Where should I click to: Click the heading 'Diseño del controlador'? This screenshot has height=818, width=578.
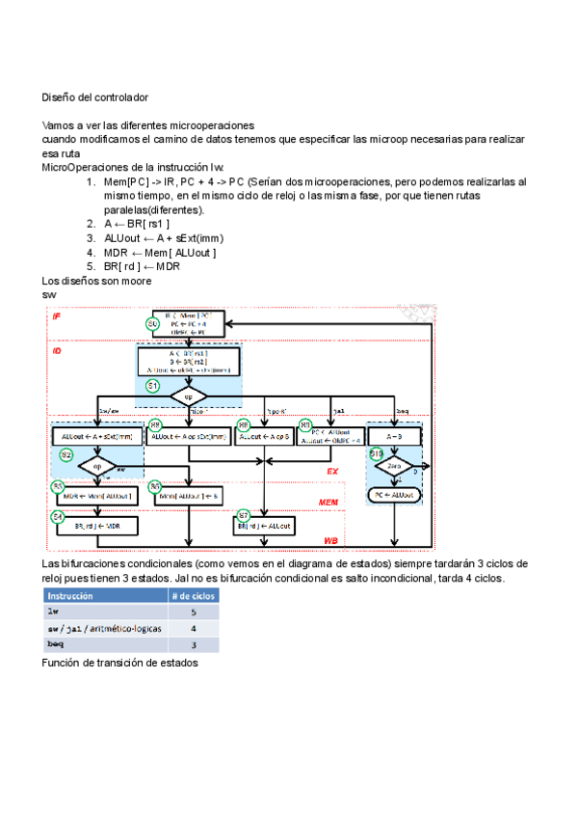pyautogui.click(x=94, y=97)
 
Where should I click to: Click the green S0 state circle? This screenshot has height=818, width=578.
pyautogui.click(x=152, y=324)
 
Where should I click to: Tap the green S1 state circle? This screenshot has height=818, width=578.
pyautogui.click(x=152, y=386)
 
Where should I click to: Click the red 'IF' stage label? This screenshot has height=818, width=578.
pyautogui.click(x=57, y=315)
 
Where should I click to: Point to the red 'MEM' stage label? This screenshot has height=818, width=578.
pyautogui.click(x=329, y=503)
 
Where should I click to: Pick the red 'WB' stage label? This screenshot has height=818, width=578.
pyautogui.click(x=330, y=541)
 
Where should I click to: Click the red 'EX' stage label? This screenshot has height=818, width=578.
pyautogui.click(x=332, y=472)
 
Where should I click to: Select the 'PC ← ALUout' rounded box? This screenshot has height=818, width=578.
pyautogui.click(x=394, y=495)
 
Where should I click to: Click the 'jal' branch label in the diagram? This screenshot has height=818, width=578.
pyautogui.click(x=339, y=410)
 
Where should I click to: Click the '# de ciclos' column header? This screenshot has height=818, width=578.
pyautogui.click(x=193, y=595)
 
